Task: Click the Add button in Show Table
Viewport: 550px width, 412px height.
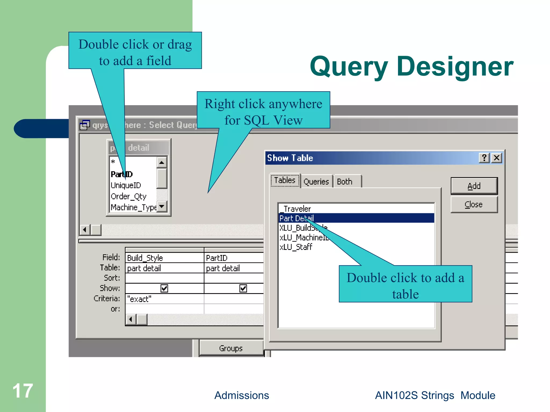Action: pyautogui.click(x=474, y=186)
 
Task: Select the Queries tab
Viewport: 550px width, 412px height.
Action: pyautogui.click(x=316, y=182)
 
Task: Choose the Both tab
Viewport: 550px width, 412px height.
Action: pyautogui.click(x=345, y=182)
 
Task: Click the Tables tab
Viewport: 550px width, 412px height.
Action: pyautogui.click(x=285, y=180)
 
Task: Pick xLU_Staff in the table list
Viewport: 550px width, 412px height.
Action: pyautogui.click(x=296, y=247)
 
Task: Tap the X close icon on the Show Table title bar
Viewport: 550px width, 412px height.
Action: pyautogui.click(x=497, y=158)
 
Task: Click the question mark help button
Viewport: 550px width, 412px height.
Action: pyautogui.click(x=484, y=158)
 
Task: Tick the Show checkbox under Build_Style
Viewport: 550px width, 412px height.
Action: pyautogui.click(x=164, y=288)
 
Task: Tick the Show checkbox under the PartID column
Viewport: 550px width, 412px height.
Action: pyautogui.click(x=243, y=288)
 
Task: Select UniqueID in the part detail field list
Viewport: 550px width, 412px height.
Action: pyautogui.click(x=126, y=185)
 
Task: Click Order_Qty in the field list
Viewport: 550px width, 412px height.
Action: pyautogui.click(x=128, y=196)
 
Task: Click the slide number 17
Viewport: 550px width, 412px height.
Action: pyautogui.click(x=23, y=391)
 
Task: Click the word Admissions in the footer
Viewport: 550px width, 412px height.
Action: pyautogui.click(x=241, y=395)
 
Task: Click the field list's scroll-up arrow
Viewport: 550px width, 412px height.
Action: pyautogui.click(x=161, y=162)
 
